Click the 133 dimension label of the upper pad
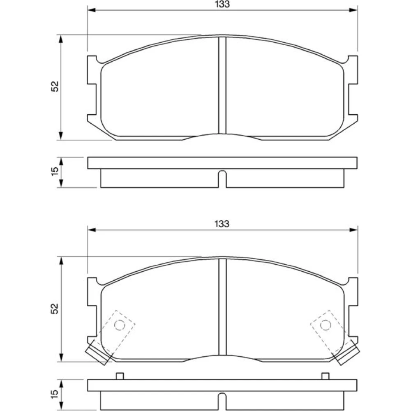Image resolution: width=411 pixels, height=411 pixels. point(222,4)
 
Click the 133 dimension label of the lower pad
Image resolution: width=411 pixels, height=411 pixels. point(222,224)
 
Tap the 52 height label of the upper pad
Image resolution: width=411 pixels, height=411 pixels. point(55,86)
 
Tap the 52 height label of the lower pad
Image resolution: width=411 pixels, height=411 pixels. point(55,309)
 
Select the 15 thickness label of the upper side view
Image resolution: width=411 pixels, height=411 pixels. point(55,171)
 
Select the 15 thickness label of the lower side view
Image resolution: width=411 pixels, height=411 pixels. point(55,394)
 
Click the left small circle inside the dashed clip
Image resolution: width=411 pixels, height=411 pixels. point(120,325)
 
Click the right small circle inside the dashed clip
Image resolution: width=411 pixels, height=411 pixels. point(326,325)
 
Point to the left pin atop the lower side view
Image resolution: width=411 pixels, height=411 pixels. point(120,376)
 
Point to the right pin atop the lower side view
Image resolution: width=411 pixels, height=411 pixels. point(325,376)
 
